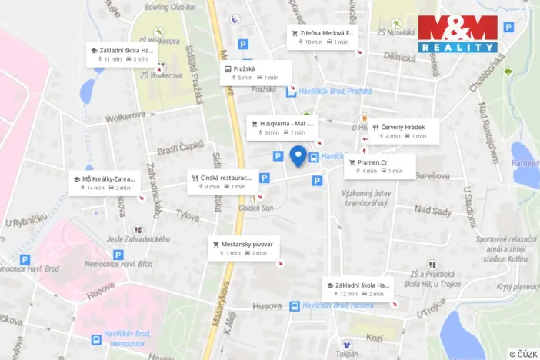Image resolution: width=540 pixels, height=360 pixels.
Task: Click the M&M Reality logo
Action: (x=458, y=34)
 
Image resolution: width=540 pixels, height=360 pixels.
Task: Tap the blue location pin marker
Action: (x=298, y=156)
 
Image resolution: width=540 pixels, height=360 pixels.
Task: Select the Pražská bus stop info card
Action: (x=256, y=73)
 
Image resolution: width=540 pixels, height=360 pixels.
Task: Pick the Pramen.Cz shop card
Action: (x=379, y=166)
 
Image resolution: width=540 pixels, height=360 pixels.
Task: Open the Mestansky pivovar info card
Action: (x=247, y=248)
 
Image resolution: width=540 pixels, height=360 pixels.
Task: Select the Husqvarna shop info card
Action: (x=282, y=127)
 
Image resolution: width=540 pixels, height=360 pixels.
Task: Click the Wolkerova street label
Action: (x=125, y=116)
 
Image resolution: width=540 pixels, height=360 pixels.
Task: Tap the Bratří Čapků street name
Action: (x=181, y=145)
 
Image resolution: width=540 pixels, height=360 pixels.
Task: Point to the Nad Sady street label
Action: (x=433, y=210)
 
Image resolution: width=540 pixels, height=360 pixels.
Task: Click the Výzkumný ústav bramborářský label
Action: (x=365, y=198)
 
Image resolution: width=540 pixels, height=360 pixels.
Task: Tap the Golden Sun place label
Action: (x=255, y=208)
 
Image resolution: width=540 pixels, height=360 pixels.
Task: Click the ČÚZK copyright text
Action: (x=523, y=354)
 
